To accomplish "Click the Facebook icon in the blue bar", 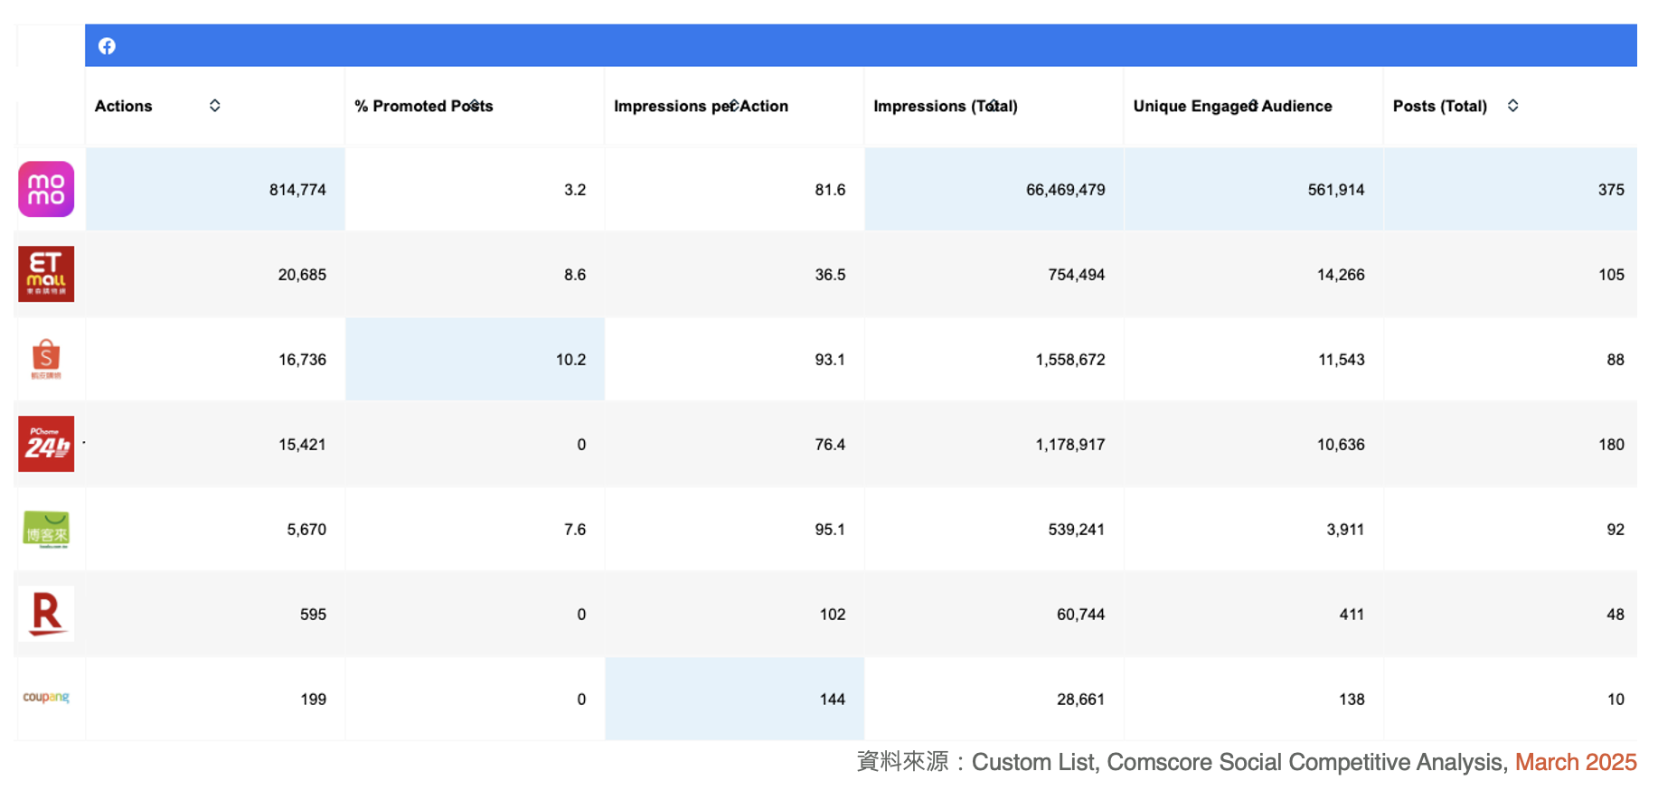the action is coord(107,46).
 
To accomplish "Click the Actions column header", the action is coord(123,106).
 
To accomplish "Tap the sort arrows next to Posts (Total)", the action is coord(1512,106).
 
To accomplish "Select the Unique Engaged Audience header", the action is coord(1232,106).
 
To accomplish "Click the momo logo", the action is coord(46,189).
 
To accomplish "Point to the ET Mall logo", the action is coord(46,274).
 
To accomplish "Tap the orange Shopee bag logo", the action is coord(46,359).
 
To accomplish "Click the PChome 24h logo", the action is coord(46,444).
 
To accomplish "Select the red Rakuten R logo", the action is coord(46,614).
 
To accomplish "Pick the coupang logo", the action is coord(46,697).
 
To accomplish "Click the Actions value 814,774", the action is coord(297,190).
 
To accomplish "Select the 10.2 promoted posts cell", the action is coord(570,360).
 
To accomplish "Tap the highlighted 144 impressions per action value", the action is coord(833,700).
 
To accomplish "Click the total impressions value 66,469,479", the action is coord(1065,190).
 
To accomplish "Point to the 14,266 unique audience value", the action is coord(1341,275).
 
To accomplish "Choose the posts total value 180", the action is coord(1611,445).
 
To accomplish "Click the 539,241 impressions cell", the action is coord(1076,530).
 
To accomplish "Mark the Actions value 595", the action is coord(313,615).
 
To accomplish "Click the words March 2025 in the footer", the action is coord(1576,762).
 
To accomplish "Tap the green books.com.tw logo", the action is coord(46,529).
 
